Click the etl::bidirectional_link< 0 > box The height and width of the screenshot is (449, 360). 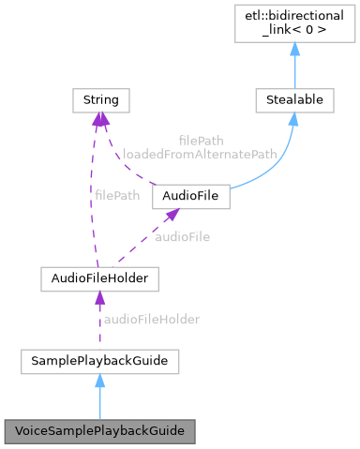[293, 26]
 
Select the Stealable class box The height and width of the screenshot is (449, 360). [293, 97]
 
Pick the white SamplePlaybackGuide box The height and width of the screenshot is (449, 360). [100, 359]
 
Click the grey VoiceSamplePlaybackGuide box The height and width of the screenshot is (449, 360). [100, 431]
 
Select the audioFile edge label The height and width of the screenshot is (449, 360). [183, 236]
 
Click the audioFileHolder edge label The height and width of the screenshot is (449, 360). [152, 320]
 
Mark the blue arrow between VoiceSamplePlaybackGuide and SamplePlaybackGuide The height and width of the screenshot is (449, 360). [100, 398]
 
